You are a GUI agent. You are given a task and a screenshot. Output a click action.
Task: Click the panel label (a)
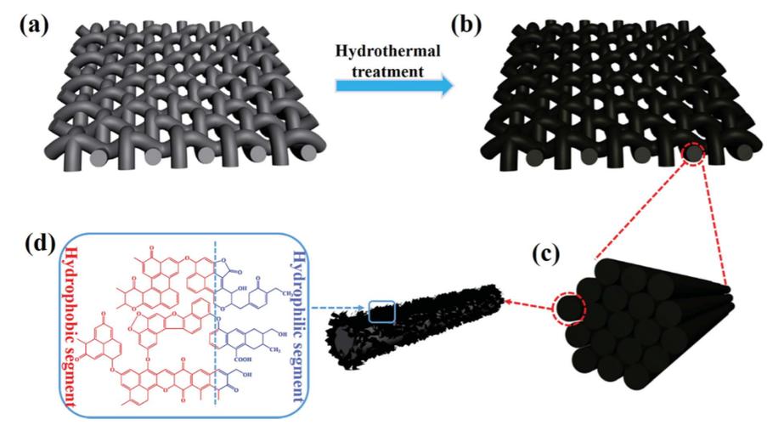coord(25,24)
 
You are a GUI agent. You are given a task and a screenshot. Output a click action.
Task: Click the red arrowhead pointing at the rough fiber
coord(507,299)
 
